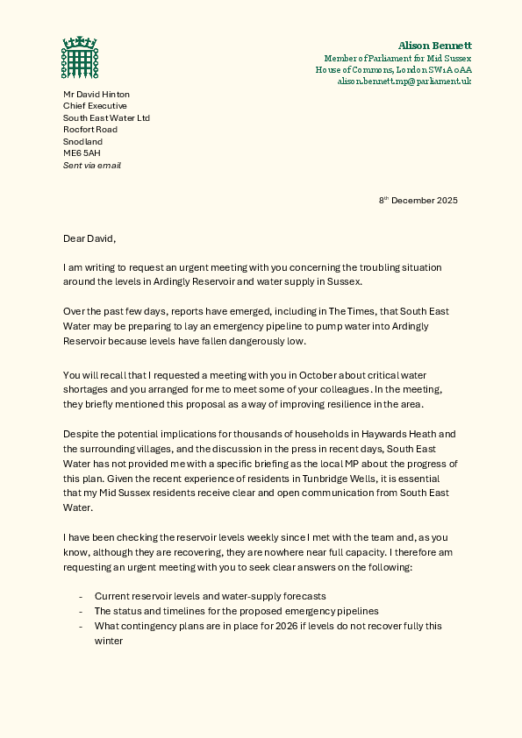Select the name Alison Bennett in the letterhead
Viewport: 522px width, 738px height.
point(434,45)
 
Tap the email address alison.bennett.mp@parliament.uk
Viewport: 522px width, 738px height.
point(404,81)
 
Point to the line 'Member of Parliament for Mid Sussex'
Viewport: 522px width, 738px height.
point(397,58)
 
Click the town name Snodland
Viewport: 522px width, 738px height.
point(82,141)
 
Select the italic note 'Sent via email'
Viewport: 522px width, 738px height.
point(91,165)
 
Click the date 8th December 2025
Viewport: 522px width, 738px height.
point(418,201)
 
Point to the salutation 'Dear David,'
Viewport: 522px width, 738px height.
point(89,238)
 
